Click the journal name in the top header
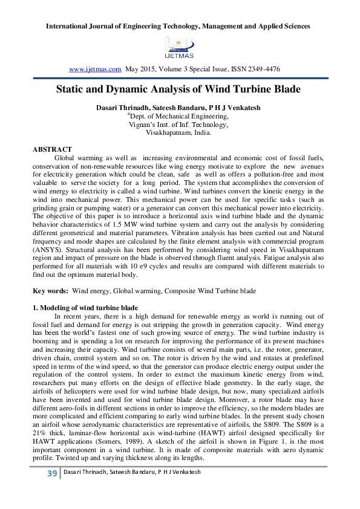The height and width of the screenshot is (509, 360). pyautogui.click(x=180, y=26)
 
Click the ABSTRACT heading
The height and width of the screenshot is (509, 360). pyautogui.click(x=52, y=149)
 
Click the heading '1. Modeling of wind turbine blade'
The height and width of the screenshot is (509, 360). pyautogui.click(x=85, y=308)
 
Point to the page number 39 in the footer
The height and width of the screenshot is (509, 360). pyautogui.click(x=51, y=490)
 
